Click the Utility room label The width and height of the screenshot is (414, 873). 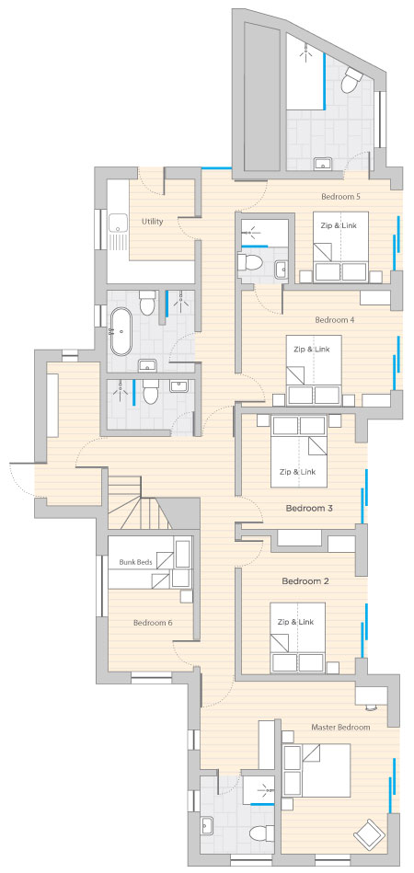click(x=152, y=222)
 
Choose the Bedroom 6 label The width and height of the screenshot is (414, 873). click(x=153, y=623)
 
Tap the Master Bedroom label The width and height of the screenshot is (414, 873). click(x=340, y=727)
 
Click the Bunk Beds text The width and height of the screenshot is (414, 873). click(x=136, y=562)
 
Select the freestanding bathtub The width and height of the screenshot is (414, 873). click(x=121, y=332)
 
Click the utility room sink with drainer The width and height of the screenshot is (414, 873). click(x=118, y=232)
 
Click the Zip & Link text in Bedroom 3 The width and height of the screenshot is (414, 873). click(x=298, y=472)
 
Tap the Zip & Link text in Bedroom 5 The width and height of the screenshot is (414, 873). click(x=339, y=225)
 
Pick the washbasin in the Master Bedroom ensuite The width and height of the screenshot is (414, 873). click(x=207, y=823)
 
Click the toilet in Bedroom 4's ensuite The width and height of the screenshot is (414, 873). click(x=249, y=261)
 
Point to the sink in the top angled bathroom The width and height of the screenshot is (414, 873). click(x=323, y=164)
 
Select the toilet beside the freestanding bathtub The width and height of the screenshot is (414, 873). click(x=147, y=303)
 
